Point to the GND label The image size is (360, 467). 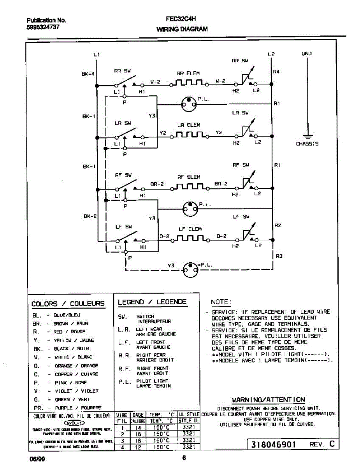pos(307,54)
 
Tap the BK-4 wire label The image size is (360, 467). pos(88,74)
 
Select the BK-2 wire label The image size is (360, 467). pos(90,216)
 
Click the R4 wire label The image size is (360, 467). pos(276,72)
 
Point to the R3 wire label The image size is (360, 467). pos(279,256)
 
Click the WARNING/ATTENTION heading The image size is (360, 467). pos(269,400)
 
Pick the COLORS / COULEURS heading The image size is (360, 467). pos(68,304)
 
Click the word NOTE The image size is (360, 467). pos(221,302)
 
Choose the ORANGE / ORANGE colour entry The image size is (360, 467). pos(76,366)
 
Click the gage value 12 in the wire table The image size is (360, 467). pos(138,448)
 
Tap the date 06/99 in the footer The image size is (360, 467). pos(35,458)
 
